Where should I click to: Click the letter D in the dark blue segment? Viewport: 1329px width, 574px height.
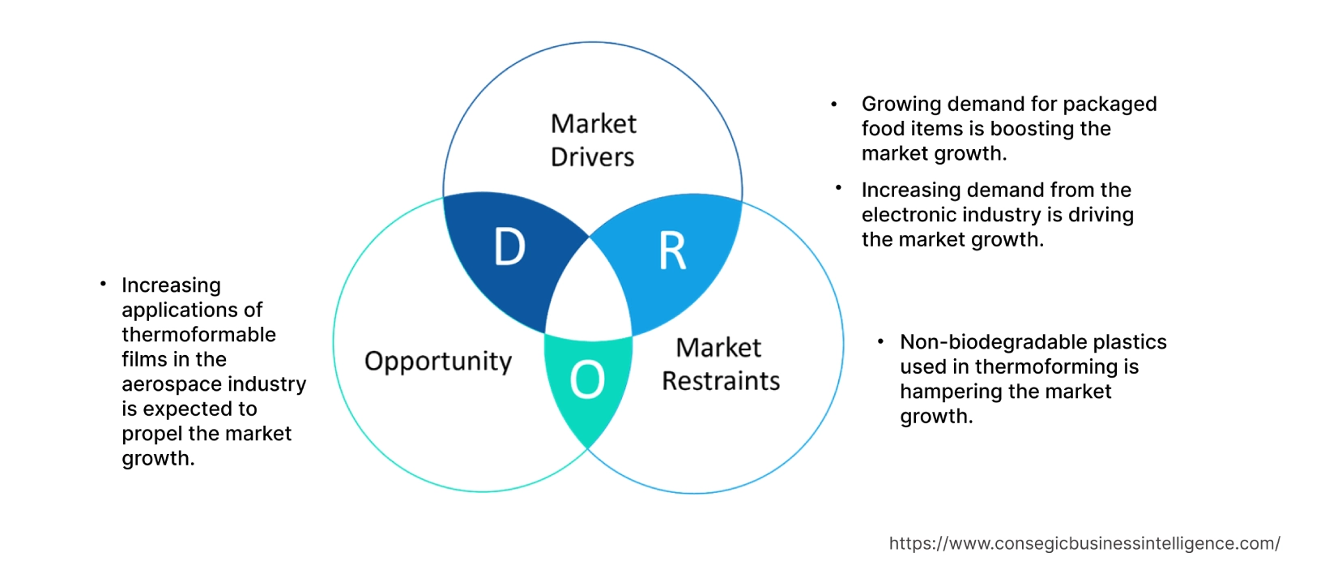pyautogui.click(x=509, y=246)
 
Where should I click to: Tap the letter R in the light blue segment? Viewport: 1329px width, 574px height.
pyautogui.click(x=672, y=251)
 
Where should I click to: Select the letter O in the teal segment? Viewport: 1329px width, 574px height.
pyautogui.click(x=587, y=379)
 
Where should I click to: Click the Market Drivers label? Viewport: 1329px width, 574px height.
pyautogui.click(x=593, y=140)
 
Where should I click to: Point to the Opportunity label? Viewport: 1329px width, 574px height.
pyautogui.click(x=438, y=361)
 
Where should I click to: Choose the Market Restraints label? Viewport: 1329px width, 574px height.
pyautogui.click(x=720, y=365)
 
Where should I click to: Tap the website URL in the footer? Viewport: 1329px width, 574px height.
pyautogui.click(x=1084, y=543)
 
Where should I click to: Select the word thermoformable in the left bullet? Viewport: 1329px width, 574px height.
pyautogui.click(x=198, y=335)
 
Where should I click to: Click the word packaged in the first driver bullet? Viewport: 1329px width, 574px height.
pyautogui.click(x=1110, y=104)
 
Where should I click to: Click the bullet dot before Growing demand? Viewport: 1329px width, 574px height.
pyautogui.click(x=834, y=104)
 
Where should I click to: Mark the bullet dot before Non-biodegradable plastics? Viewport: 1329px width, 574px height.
pyautogui.click(x=880, y=341)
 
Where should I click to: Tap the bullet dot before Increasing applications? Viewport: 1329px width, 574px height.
pyautogui.click(x=103, y=284)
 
